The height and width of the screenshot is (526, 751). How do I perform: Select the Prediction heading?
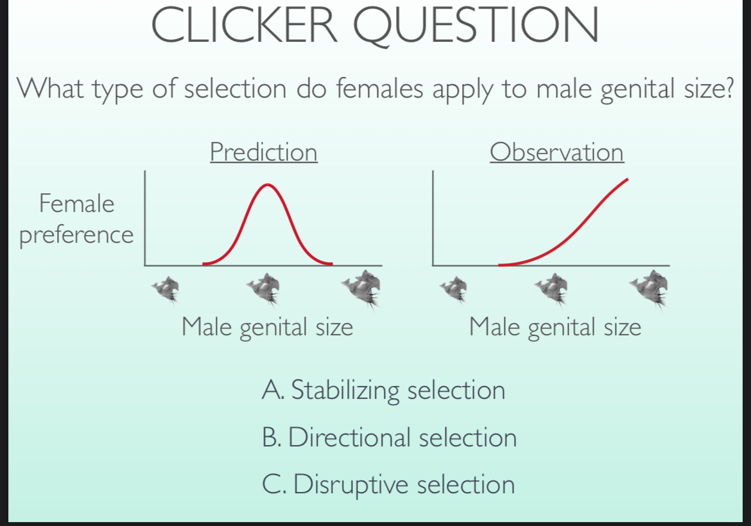pos(263,152)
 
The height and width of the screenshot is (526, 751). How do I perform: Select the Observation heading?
pos(557,152)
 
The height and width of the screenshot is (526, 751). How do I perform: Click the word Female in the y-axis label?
pos(76,204)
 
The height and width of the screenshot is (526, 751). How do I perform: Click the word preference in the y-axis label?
pos(76,235)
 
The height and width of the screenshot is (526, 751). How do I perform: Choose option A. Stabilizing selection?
pos(383,390)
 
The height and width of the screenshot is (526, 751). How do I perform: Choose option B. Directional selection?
pos(389,437)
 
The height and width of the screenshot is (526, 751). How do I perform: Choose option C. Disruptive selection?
pos(388,484)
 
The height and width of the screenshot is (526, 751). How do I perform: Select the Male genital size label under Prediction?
pos(267,328)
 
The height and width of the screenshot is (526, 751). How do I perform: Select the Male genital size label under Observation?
pos(555,328)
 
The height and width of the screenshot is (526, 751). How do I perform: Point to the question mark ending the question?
pos(727,88)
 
